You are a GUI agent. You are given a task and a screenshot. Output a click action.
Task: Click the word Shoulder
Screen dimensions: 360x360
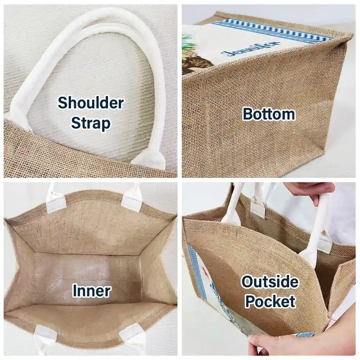point(91,103)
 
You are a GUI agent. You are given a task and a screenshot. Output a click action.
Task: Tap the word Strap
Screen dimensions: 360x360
point(91,123)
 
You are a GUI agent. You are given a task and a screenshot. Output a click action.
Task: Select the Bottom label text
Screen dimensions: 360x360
point(269,114)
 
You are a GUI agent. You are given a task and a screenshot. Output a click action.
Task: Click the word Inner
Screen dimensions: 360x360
point(92,291)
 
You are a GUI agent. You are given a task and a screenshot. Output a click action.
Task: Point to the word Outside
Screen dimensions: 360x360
point(270,282)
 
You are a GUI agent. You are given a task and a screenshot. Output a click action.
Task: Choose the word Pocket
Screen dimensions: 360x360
point(270,301)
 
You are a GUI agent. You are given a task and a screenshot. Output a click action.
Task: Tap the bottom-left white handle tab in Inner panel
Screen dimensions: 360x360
point(45,340)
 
